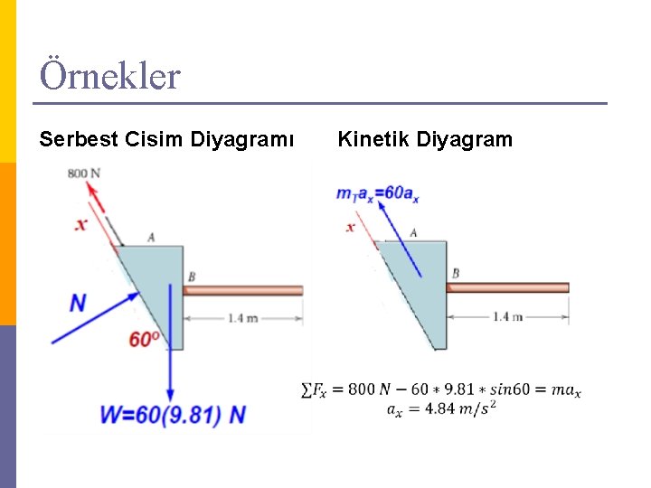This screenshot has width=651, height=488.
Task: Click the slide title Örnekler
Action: pyautogui.click(x=109, y=76)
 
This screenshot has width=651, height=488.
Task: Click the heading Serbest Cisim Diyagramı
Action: pyautogui.click(x=166, y=139)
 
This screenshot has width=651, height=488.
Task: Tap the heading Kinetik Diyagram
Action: pyautogui.click(x=424, y=139)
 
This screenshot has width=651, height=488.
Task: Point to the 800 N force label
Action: pyautogui.click(x=83, y=173)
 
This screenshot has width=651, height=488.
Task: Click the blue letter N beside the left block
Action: pyautogui.click(x=79, y=303)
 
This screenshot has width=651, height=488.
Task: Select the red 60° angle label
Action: pyautogui.click(x=144, y=340)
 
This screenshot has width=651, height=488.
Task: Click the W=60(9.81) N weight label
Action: pyautogui.click(x=173, y=415)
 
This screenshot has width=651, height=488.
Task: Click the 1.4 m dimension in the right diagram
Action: pyautogui.click(x=507, y=316)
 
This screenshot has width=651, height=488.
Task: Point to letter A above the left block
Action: pyautogui.click(x=151, y=237)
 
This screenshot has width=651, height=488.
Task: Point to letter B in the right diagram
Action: pyautogui.click(x=455, y=273)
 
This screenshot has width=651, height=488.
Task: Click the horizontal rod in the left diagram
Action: pyautogui.click(x=244, y=290)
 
